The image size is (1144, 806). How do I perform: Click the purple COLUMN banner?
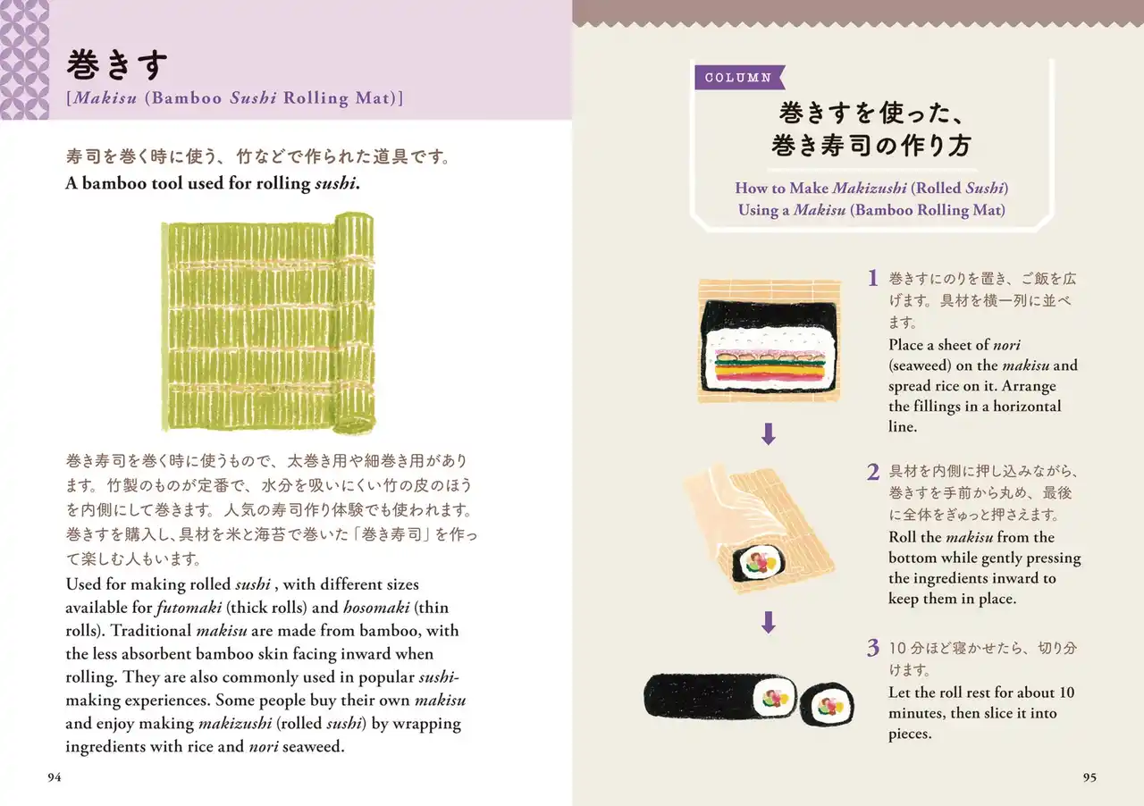pos(739,78)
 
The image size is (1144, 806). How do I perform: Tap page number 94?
pos(55,777)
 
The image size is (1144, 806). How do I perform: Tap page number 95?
pos(1089,777)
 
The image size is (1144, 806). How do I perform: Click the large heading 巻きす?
pos(117,65)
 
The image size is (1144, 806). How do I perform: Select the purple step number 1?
pos(873,279)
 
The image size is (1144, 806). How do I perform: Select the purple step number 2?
pos(873,472)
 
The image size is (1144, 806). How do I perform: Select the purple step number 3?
pos(873,648)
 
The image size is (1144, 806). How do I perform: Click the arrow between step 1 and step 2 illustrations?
pos(769,433)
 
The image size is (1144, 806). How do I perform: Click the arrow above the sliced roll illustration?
pos(769,622)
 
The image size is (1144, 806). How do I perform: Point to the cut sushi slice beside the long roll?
pos(827,705)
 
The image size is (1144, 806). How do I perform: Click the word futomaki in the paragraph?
pos(189,608)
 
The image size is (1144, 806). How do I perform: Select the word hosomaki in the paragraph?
pos(376,608)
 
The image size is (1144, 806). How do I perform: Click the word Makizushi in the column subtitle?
pos(870,188)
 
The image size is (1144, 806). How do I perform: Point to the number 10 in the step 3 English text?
pos(1067,693)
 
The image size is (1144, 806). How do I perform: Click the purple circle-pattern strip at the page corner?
pos(24,60)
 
